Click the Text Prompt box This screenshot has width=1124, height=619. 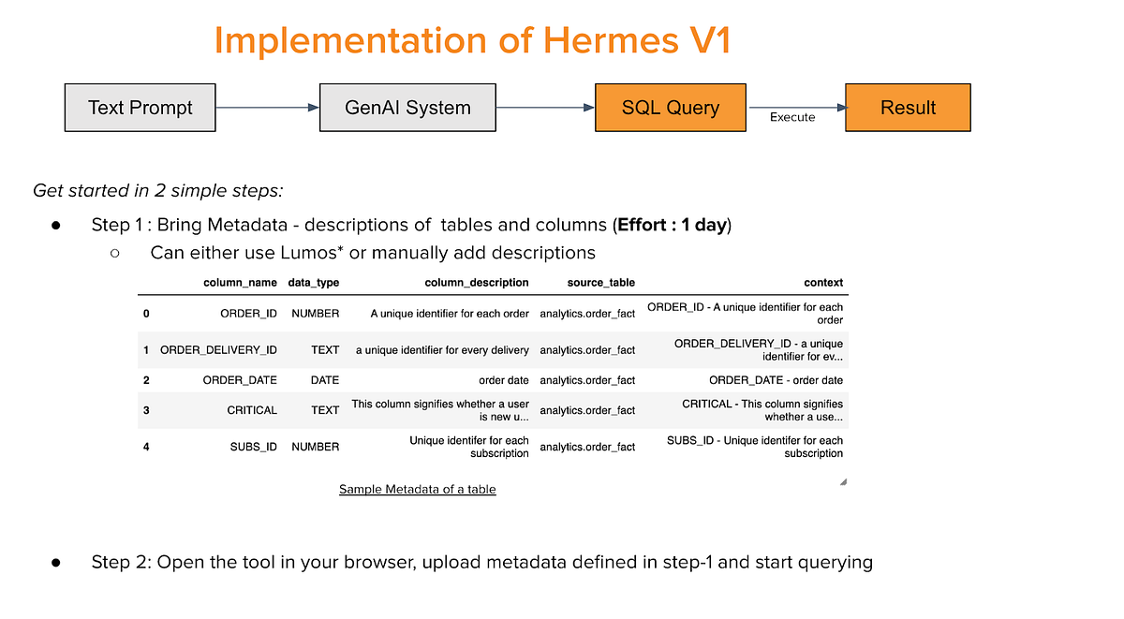[x=140, y=108]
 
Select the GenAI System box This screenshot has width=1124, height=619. [x=407, y=108]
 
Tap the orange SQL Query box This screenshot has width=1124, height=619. [x=671, y=108]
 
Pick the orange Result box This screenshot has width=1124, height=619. [x=908, y=108]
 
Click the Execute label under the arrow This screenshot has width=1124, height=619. [x=792, y=117]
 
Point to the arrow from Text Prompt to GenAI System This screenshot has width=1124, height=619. [x=268, y=108]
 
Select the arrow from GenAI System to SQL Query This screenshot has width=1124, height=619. [x=545, y=108]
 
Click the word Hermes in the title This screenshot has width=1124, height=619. [x=611, y=40]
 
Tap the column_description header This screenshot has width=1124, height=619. [x=477, y=283]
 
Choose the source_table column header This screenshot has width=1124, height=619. [x=601, y=283]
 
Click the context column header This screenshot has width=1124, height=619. [x=823, y=283]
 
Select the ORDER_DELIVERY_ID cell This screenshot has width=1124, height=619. [x=218, y=350]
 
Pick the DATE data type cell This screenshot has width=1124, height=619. [x=325, y=380]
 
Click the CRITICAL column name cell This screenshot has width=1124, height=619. [x=252, y=410]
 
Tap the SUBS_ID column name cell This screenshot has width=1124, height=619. [x=254, y=447]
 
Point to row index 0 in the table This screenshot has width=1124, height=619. [x=146, y=314]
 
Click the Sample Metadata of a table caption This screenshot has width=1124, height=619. [x=418, y=489]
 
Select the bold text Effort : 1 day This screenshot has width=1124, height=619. [x=673, y=225]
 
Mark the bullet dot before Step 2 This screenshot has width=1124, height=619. [x=55, y=563]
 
